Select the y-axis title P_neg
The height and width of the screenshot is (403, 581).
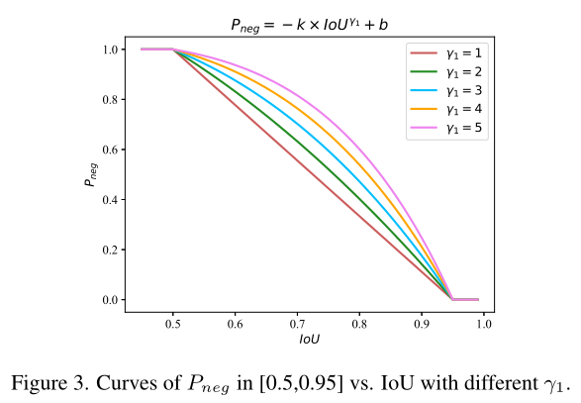pyautogui.click(x=89, y=175)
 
